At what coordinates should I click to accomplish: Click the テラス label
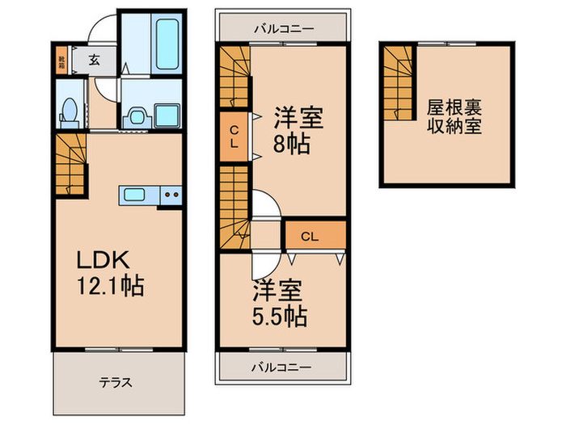pyautogui.click(x=116, y=382)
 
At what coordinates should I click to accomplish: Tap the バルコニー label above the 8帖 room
pyautogui.click(x=282, y=28)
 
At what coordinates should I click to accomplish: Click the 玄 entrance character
pyautogui.click(x=95, y=59)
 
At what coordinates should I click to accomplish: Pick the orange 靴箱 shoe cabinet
pyautogui.click(x=62, y=59)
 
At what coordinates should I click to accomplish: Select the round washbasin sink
pyautogui.click(x=134, y=115)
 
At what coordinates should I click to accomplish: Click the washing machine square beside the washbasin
pyautogui.click(x=167, y=115)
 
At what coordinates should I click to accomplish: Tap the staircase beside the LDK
pyautogui.click(x=71, y=164)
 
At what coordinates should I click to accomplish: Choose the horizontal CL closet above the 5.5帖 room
pyautogui.click(x=314, y=237)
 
